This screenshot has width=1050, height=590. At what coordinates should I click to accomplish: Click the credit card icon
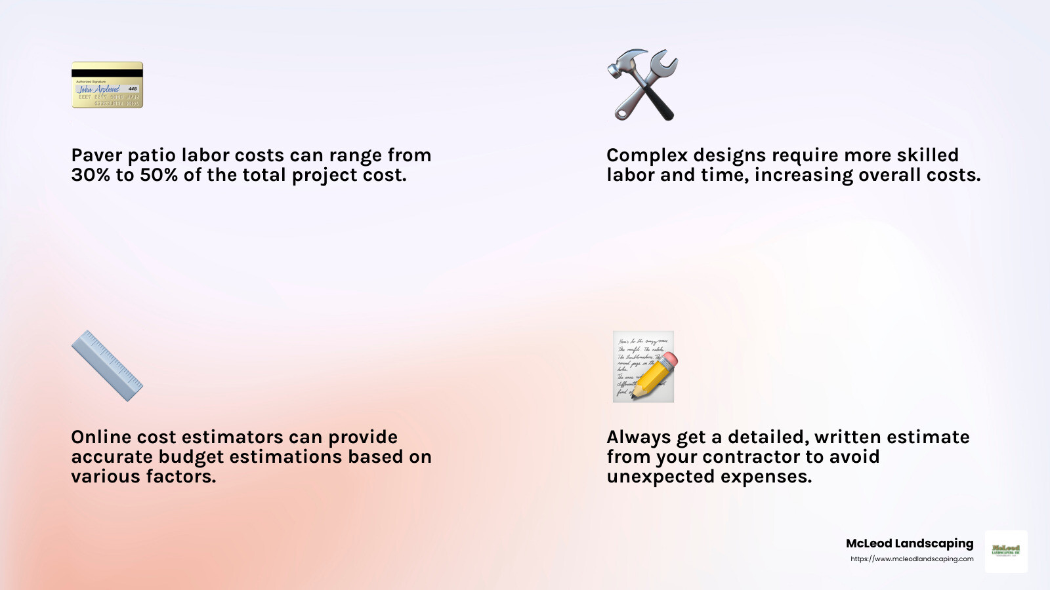pos(107,85)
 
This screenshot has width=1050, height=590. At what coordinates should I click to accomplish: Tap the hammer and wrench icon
pos(642,85)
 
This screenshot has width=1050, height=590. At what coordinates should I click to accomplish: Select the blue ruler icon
pos(107,366)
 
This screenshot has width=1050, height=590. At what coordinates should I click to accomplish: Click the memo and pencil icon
pos(644,366)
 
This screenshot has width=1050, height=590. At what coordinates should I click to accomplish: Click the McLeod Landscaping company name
pos(910,543)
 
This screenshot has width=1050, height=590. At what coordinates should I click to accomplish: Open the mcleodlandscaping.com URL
pos(912,559)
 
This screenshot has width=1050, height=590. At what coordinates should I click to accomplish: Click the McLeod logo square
pos(1006,551)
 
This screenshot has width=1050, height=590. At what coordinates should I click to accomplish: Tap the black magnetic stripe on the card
pos(107,73)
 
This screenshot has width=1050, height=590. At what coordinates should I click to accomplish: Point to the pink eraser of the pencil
pos(669,361)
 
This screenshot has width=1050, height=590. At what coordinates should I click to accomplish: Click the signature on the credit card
pos(99,89)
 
